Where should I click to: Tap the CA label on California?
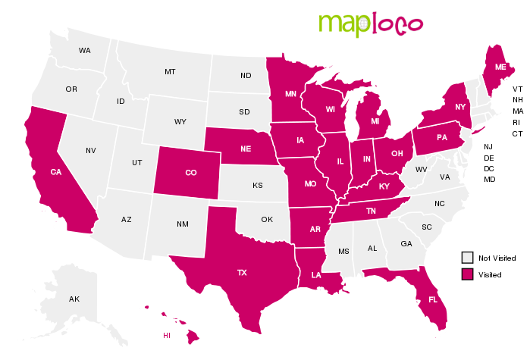[x=55, y=172]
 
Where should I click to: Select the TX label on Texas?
[x=242, y=272]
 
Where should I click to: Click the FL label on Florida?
[x=433, y=299]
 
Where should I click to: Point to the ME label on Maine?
[x=501, y=67]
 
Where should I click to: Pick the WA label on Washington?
[x=84, y=51]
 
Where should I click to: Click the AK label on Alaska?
[x=74, y=299]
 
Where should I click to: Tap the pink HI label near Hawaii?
[x=167, y=335]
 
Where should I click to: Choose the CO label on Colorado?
[x=190, y=173]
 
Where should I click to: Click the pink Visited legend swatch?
[x=469, y=274]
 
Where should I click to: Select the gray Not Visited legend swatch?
[x=469, y=258]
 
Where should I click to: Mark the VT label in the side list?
[x=517, y=89]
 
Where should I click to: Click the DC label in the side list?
[x=489, y=168]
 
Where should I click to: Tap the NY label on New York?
[x=459, y=108]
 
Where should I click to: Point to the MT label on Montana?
[x=170, y=72]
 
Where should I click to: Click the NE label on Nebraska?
[x=246, y=149]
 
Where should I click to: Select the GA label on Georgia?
[x=406, y=243]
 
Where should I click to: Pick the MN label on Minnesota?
[x=290, y=95]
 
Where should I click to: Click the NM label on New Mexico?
[x=183, y=224]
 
